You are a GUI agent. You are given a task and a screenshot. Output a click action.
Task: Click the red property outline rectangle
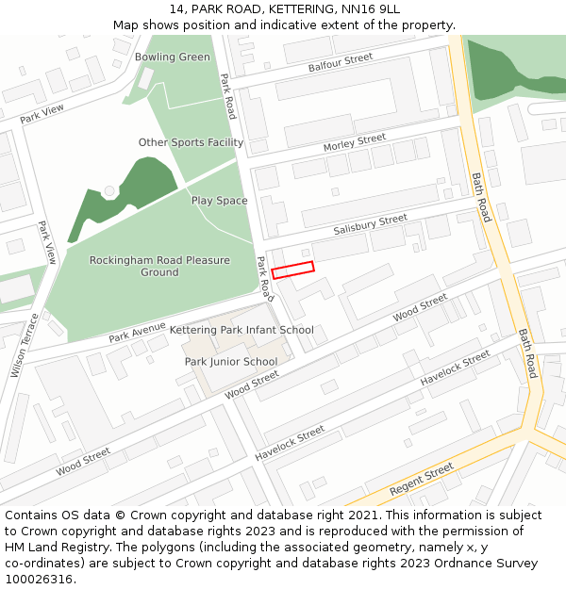tap(292, 270)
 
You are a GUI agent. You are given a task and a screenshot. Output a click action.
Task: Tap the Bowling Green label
tap(173, 57)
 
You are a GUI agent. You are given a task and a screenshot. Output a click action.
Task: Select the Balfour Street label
tap(341, 63)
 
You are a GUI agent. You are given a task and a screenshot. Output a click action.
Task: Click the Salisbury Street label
tap(370, 225)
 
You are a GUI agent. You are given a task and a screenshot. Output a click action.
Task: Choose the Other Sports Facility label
tap(191, 142)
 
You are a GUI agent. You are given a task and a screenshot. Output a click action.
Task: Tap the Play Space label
tap(219, 201)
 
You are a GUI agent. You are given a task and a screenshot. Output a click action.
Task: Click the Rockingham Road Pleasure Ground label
tap(159, 266)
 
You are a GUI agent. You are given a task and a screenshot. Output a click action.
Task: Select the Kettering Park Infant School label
tap(241, 330)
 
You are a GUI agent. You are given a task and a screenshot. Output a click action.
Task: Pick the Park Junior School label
tap(231, 362)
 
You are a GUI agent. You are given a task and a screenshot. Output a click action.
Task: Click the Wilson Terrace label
tap(25, 345)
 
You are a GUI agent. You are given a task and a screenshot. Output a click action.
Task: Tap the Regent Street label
tap(422, 482)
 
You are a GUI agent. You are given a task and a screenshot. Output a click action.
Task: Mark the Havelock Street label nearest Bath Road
tap(455, 368)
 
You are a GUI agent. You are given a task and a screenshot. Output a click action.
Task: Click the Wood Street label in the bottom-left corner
tap(83, 463)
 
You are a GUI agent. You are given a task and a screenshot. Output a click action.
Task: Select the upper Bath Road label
tap(481, 197)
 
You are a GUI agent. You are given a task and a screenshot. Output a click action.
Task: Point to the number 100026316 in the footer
tap(40, 579)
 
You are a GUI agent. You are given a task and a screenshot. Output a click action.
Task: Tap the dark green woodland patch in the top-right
tap(509, 68)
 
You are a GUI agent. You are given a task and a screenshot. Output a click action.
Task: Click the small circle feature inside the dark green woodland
tap(109, 191)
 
